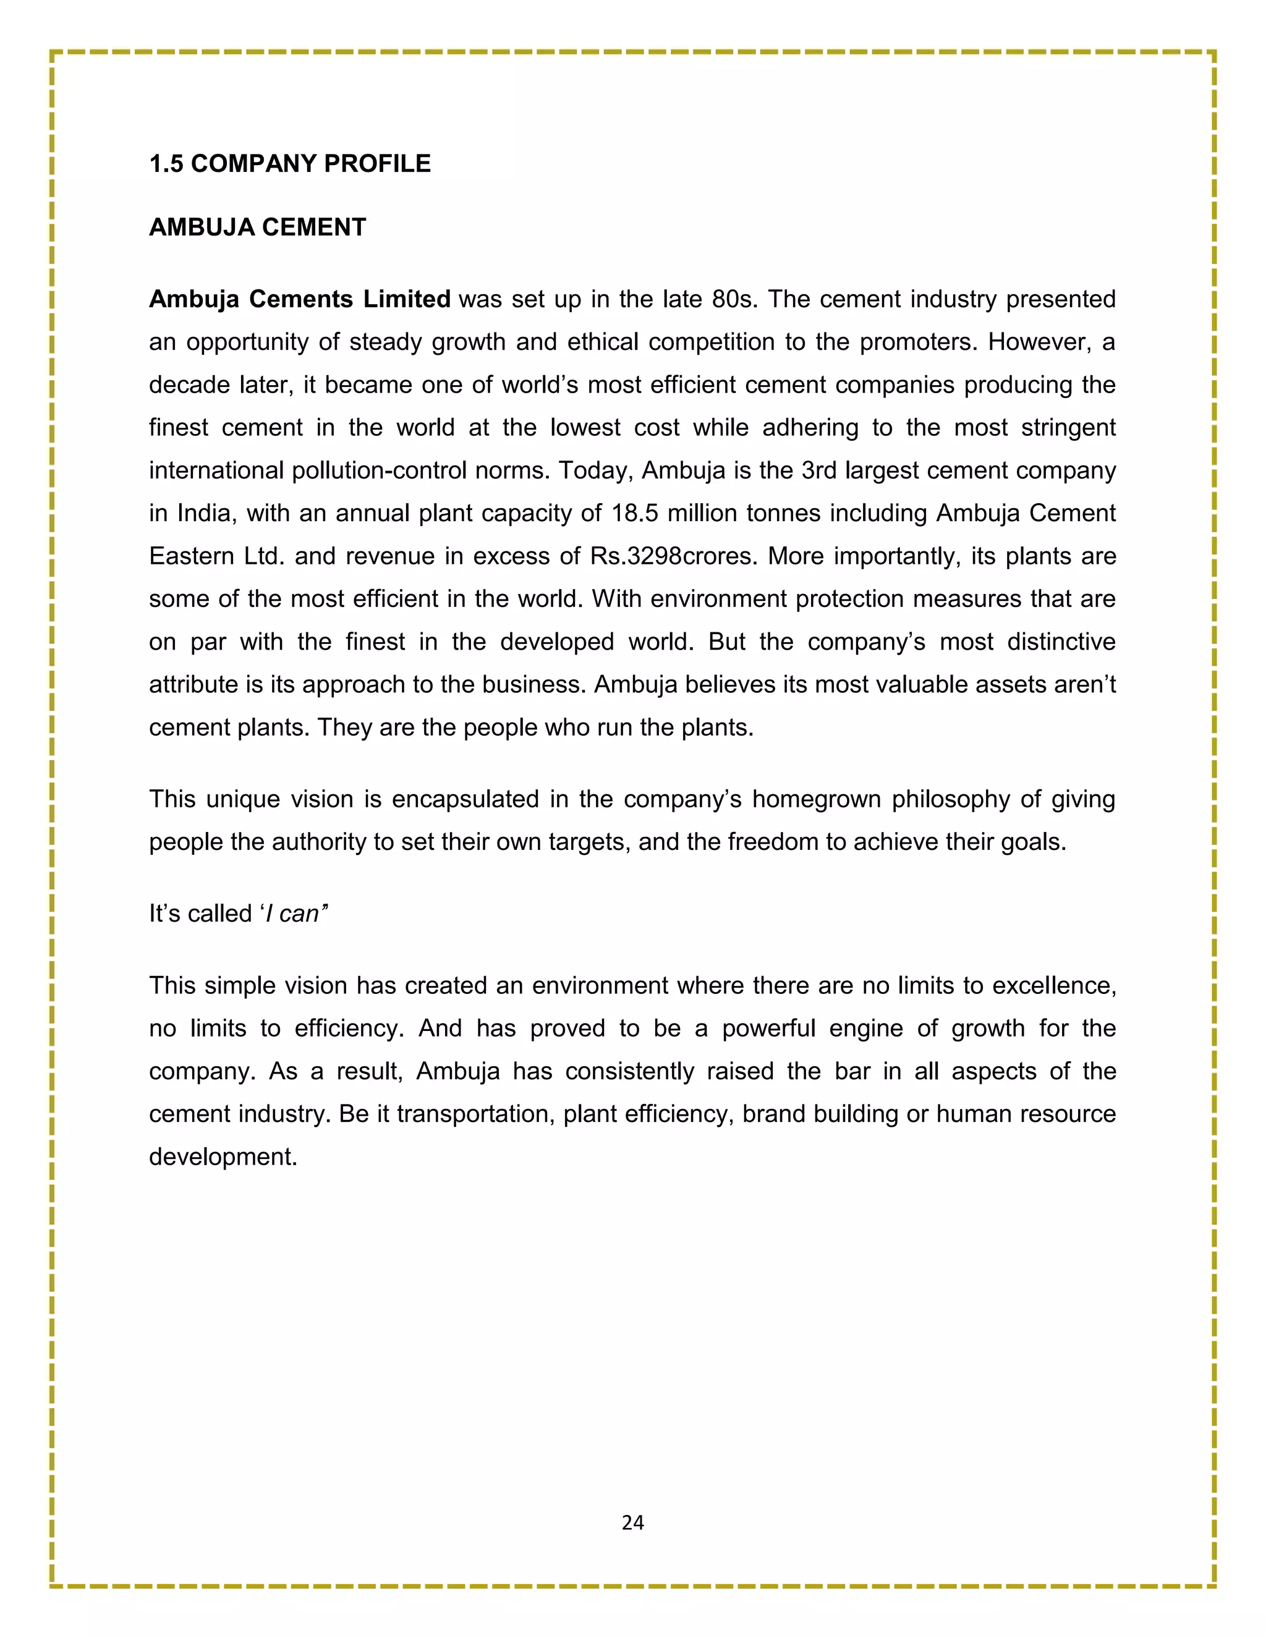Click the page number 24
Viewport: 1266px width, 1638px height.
pyautogui.click(x=632, y=1522)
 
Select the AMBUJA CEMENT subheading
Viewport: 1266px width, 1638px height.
pyautogui.click(x=257, y=227)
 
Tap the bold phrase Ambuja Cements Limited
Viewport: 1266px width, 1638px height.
pyautogui.click(x=299, y=299)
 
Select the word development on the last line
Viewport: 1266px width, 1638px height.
pyautogui.click(x=223, y=1156)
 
